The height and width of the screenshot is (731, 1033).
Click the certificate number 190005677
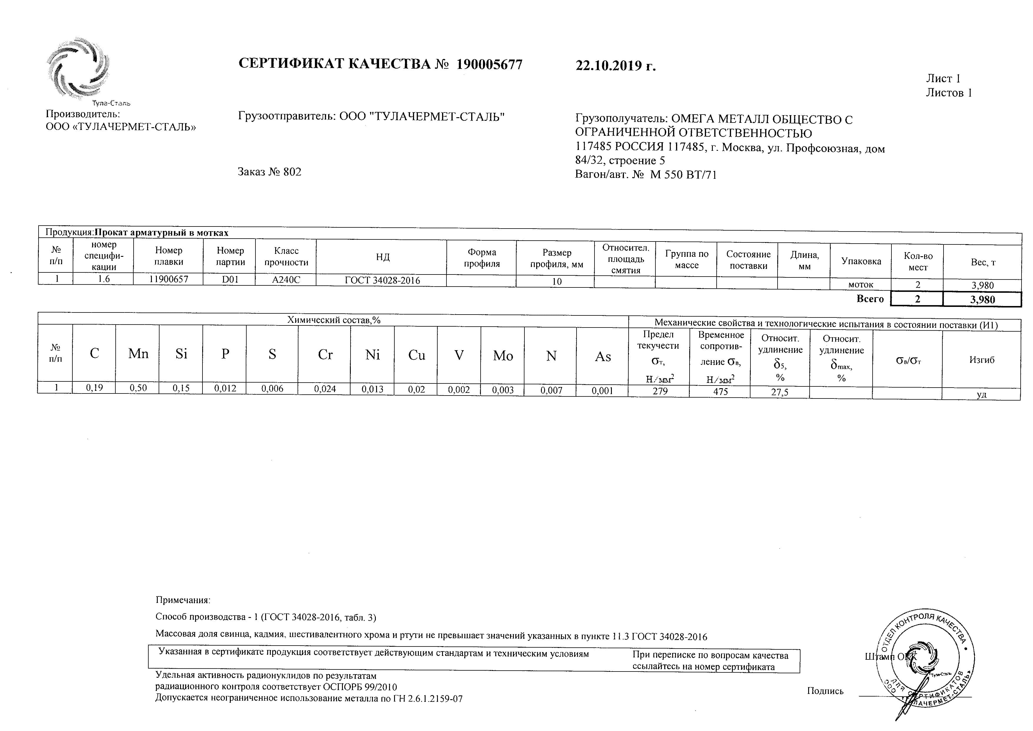click(489, 65)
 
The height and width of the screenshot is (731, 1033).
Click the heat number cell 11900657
click(168, 279)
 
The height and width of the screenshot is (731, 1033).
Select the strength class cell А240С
click(286, 279)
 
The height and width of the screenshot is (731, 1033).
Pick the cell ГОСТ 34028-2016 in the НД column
click(382, 280)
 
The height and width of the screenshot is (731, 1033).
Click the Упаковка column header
click(861, 261)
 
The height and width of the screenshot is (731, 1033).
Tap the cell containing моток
click(860, 285)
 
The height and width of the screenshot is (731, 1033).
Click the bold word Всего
click(870, 299)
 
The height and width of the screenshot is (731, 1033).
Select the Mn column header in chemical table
click(138, 354)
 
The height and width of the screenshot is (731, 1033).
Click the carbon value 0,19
click(94, 388)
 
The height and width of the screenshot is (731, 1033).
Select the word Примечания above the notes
click(183, 600)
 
